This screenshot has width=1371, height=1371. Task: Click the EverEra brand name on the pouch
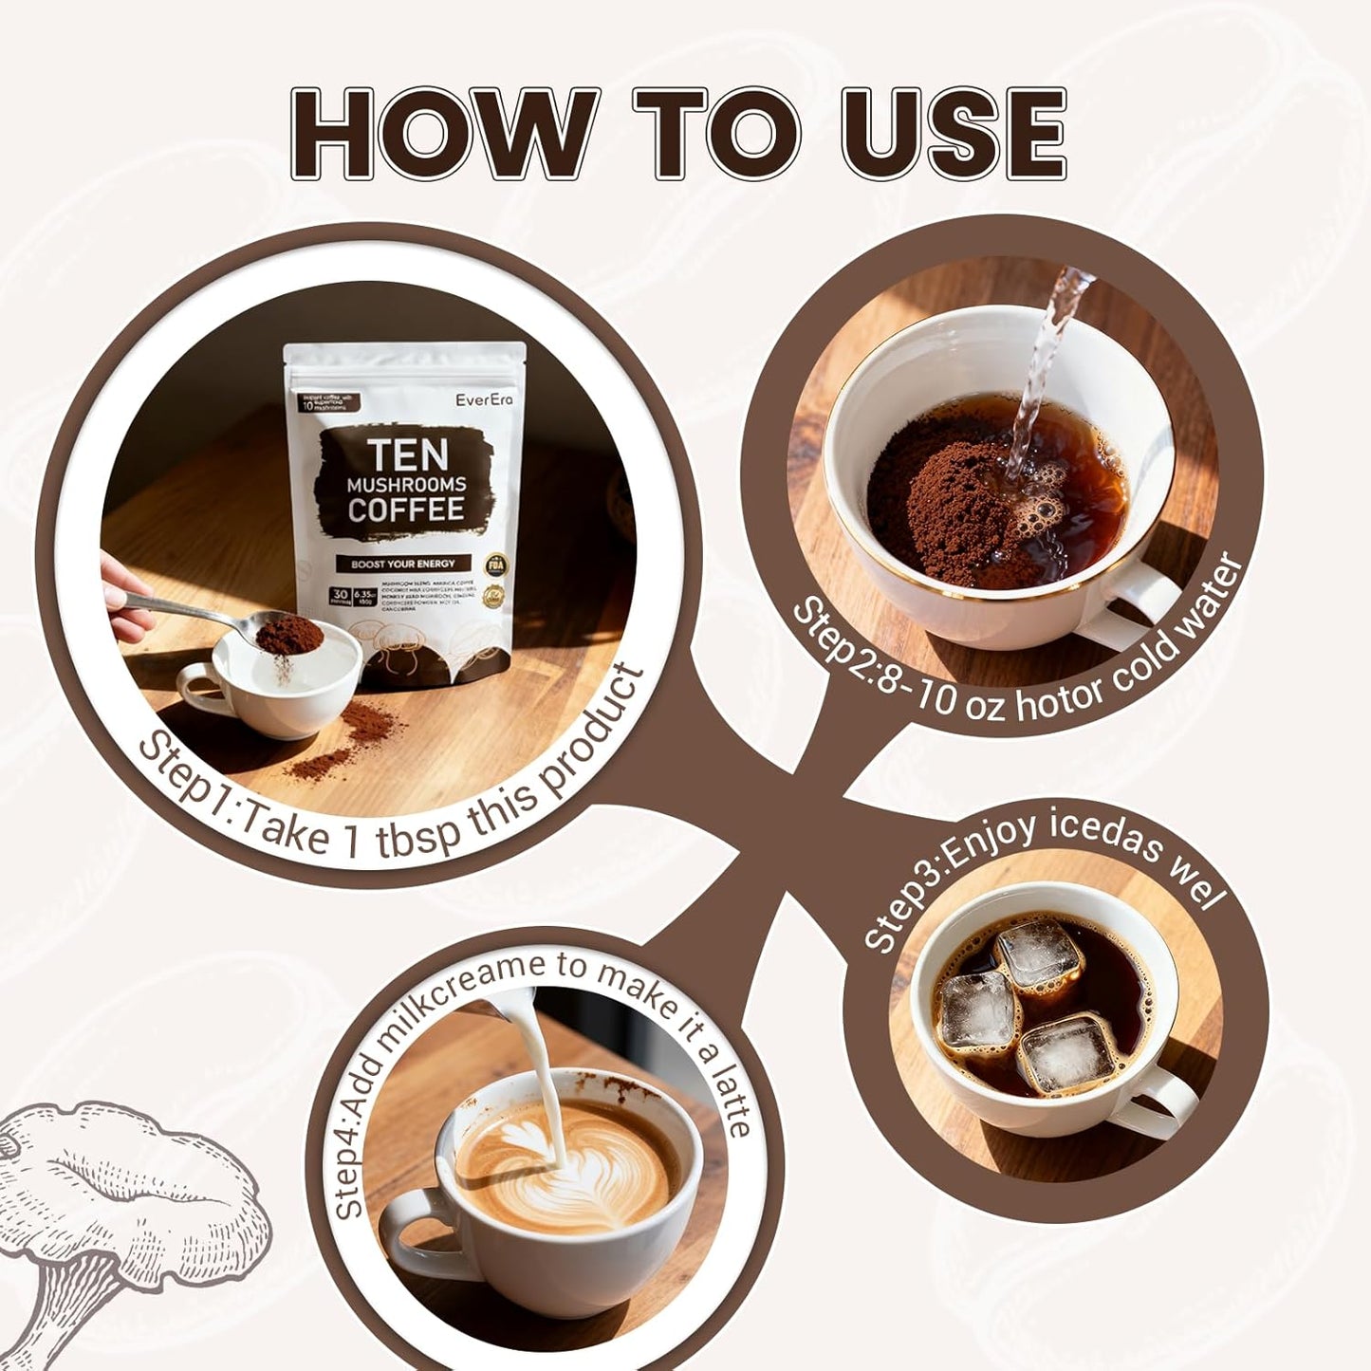484,399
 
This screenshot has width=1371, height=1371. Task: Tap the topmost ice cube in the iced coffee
1039,952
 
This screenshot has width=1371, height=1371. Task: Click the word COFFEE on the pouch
405,509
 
